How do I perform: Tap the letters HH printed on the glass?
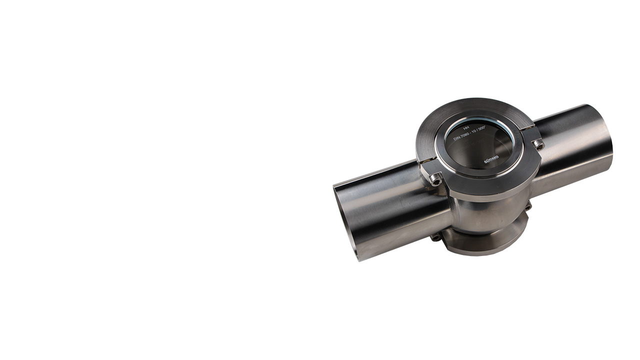[466, 128]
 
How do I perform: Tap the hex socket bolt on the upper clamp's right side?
[538, 145]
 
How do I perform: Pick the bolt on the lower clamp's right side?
[527, 205]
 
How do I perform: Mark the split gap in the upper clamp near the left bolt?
[425, 162]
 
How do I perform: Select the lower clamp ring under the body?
[480, 245]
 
